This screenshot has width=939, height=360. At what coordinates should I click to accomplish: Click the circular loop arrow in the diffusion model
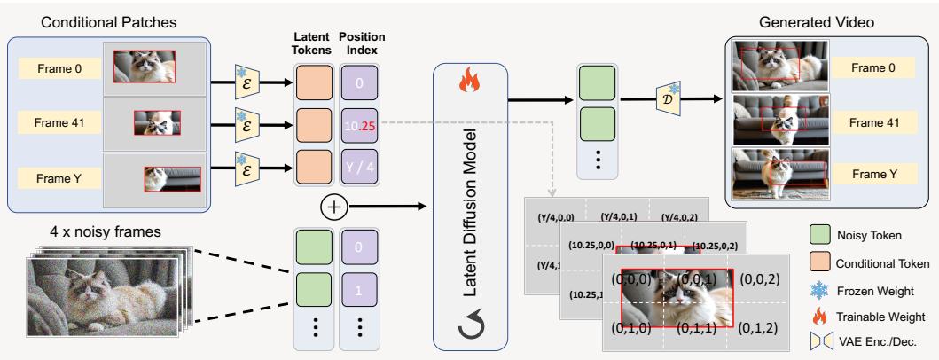point(469,330)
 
